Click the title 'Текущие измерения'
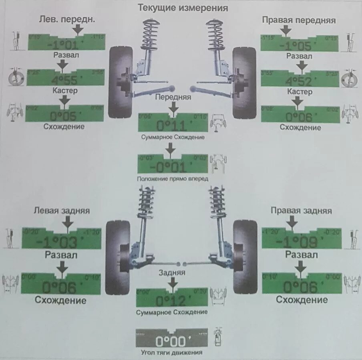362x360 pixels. [x=183, y=8]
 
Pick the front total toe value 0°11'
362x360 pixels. [x=172, y=126]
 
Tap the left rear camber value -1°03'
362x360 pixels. [x=60, y=242]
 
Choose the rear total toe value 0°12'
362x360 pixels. [x=171, y=300]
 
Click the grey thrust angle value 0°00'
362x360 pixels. [x=171, y=342]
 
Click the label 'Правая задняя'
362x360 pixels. [x=301, y=210]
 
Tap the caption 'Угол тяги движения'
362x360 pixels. [x=172, y=353]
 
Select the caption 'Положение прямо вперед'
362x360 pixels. [x=172, y=179]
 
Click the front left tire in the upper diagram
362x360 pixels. [x=120, y=82]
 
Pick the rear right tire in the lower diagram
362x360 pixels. [x=245, y=257]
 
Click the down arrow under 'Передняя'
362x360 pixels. [x=173, y=107]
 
